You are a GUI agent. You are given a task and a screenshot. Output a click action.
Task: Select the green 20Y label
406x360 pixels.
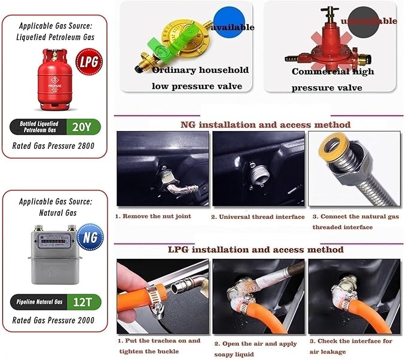[86, 126]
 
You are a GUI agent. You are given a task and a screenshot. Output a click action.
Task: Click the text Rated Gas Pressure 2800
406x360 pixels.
[55, 145]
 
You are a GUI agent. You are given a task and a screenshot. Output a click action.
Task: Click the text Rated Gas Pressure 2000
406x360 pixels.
[55, 321]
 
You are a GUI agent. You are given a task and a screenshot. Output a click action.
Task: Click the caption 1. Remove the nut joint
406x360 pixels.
[153, 216]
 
